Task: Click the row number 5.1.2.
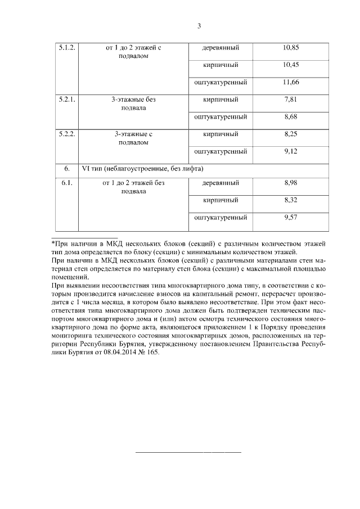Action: coord(67,48)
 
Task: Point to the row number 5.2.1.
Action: coord(67,100)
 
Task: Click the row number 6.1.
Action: coord(66,183)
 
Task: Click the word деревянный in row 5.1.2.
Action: coord(220,48)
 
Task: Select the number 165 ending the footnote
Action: coord(154,353)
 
